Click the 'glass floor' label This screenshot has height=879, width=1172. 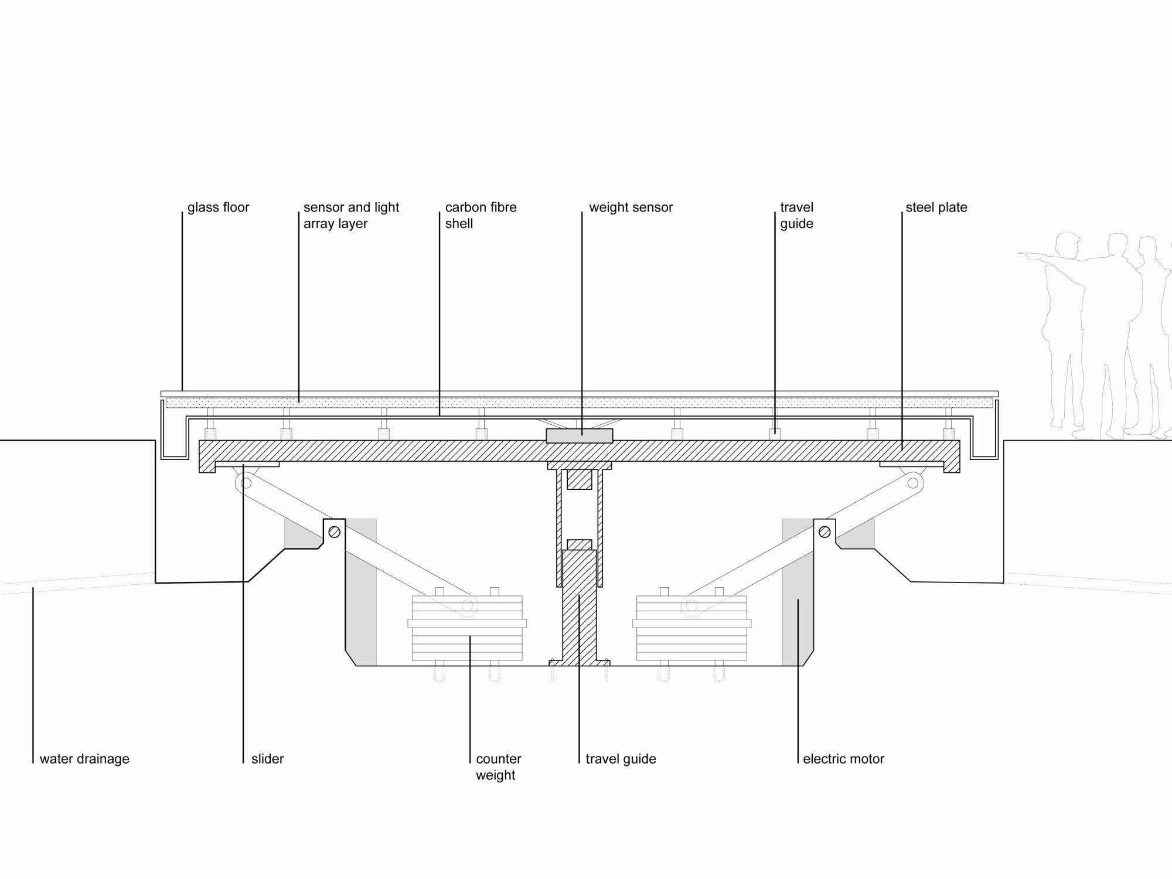pos(218,207)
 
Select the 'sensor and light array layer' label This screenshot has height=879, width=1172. pos(351,216)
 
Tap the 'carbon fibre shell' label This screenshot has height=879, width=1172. pos(481,216)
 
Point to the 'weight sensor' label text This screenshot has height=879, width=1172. pos(631,207)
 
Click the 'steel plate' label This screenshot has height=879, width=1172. pos(936,207)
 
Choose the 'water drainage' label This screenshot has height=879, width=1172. pos(84,759)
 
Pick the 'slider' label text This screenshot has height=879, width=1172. pos(267,759)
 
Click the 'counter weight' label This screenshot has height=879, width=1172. pos(498,767)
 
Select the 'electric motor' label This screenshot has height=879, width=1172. pos(843,759)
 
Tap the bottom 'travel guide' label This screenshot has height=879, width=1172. pos(621,759)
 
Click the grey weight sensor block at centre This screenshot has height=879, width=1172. pos(580,435)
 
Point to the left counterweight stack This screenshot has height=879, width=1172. pos(467,628)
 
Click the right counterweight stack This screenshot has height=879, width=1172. pos(691,628)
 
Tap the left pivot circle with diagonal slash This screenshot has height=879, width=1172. pos(335,532)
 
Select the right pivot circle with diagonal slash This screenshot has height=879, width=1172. pos(824,532)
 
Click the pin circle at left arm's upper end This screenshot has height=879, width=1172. pos(246,483)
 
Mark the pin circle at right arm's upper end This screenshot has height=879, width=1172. pos(912,483)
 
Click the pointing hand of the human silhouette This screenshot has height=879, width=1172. pos(1023,254)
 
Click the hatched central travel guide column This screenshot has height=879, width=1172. pos(580,607)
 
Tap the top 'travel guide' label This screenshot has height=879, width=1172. pos(796,216)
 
